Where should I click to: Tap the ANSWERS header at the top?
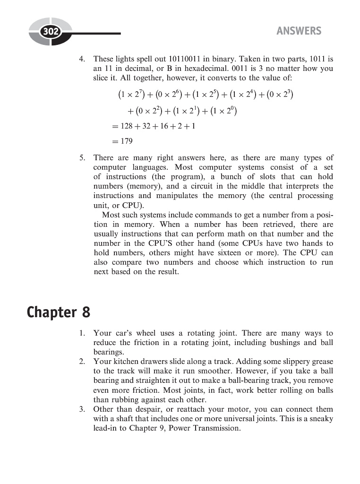click(x=299, y=31)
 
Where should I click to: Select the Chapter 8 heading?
click(x=58, y=312)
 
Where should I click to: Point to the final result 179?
click(x=126, y=141)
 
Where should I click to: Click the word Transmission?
click(x=216, y=428)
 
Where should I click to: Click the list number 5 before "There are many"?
click(x=82, y=158)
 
